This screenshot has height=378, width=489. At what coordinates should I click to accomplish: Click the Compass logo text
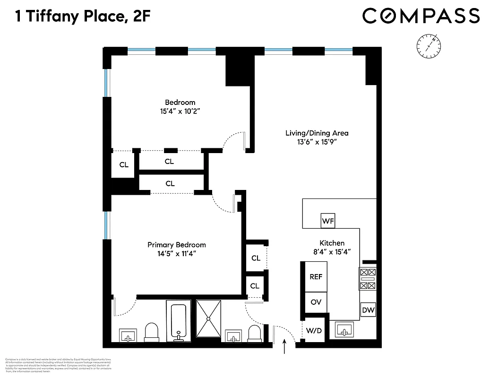coord(421,16)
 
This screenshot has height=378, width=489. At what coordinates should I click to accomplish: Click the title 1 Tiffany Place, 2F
coord(83,17)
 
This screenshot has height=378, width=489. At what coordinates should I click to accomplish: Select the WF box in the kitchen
coord(328,221)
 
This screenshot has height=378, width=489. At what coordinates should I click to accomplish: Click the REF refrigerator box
coord(316,276)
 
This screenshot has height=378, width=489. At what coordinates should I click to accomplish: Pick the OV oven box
coord(316,302)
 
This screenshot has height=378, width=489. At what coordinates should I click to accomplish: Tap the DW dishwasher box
coord(369,310)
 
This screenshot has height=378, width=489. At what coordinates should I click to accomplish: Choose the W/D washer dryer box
coord(314,330)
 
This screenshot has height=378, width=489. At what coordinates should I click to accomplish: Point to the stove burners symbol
coord(368,279)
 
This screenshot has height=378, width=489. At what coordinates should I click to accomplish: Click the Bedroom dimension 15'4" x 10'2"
coord(180,112)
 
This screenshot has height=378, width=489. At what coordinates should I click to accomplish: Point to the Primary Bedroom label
coord(177,245)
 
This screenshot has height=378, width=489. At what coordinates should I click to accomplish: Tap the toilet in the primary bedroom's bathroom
coord(152,332)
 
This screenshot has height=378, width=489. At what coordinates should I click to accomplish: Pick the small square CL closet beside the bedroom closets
coord(124,165)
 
